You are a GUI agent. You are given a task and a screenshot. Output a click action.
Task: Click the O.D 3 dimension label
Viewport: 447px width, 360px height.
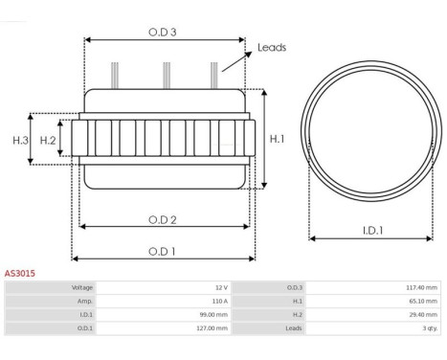click(x=163, y=33)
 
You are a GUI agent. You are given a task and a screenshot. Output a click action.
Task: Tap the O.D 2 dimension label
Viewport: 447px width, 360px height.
click(x=163, y=220)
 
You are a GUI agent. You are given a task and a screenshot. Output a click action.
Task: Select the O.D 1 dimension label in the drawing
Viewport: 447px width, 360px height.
click(x=162, y=252)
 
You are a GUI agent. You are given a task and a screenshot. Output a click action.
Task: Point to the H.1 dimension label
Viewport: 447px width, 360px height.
click(x=277, y=139)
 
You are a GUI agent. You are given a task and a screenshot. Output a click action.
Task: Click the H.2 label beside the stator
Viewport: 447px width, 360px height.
click(x=48, y=140)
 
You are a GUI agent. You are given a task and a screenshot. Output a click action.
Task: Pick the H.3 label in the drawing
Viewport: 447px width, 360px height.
click(x=21, y=140)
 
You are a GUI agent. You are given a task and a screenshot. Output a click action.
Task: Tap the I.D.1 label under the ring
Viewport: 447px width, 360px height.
click(x=373, y=231)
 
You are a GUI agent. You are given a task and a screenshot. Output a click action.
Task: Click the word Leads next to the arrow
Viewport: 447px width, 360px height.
click(x=272, y=48)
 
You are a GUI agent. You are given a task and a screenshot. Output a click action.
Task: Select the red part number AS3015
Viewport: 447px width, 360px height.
click(x=20, y=274)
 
